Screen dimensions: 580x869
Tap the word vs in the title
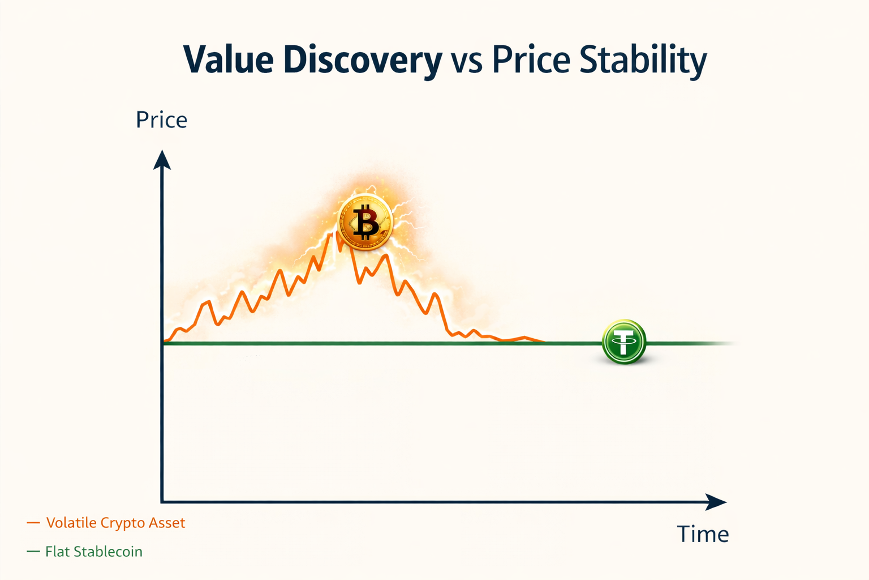pyautogui.click(x=467, y=61)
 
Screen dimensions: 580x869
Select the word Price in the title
pyautogui.click(x=531, y=59)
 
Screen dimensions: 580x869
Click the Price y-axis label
pyautogui.click(x=161, y=120)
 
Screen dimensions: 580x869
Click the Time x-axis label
pyautogui.click(x=703, y=534)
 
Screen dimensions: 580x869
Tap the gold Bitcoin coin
pyautogui.click(x=365, y=222)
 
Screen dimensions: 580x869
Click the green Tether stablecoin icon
pyautogui.click(x=623, y=342)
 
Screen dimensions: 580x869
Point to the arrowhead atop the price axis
pyautogui.click(x=162, y=160)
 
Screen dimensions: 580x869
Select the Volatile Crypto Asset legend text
pyautogui.click(x=115, y=523)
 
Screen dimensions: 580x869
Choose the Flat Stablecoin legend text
pyautogui.click(x=94, y=552)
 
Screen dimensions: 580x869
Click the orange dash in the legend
pyautogui.click(x=33, y=523)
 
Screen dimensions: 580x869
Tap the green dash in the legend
pyautogui.click(x=33, y=552)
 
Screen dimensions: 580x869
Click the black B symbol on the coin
pyautogui.click(x=365, y=222)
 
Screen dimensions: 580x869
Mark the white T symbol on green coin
pyautogui.click(x=623, y=342)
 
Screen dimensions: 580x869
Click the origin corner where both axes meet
pyautogui.click(x=162, y=502)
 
